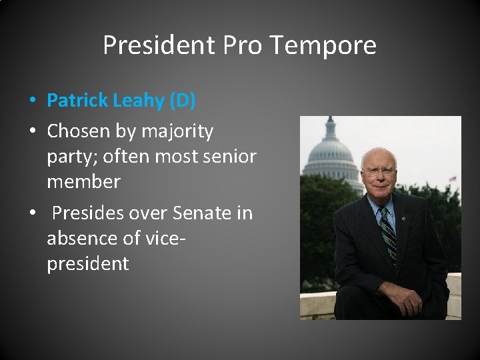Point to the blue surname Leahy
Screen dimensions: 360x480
pyautogui.click(x=140, y=101)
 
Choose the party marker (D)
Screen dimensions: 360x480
pyautogui.click(x=183, y=101)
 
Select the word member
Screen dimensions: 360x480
pyautogui.click(x=83, y=181)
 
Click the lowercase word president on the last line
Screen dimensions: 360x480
pyautogui.click(x=87, y=263)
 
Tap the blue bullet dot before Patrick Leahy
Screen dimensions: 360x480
pyautogui.click(x=32, y=101)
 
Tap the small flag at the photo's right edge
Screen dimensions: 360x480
pyautogui.click(x=453, y=179)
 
